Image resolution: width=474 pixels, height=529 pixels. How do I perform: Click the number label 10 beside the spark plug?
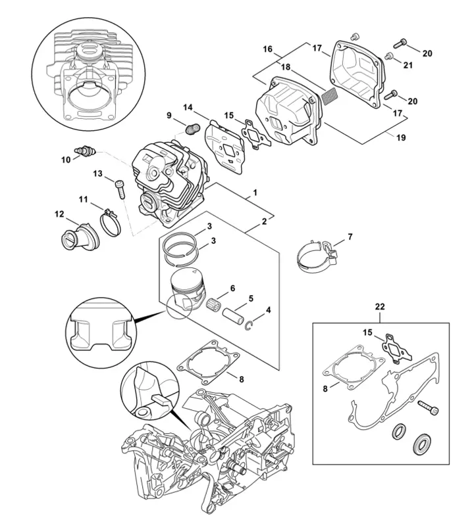pos(66,159)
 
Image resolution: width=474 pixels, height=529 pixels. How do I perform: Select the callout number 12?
pos(59,214)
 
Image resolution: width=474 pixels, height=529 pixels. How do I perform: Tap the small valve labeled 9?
pos(192,127)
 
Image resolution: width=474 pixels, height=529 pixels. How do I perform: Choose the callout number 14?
pos(188,106)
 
